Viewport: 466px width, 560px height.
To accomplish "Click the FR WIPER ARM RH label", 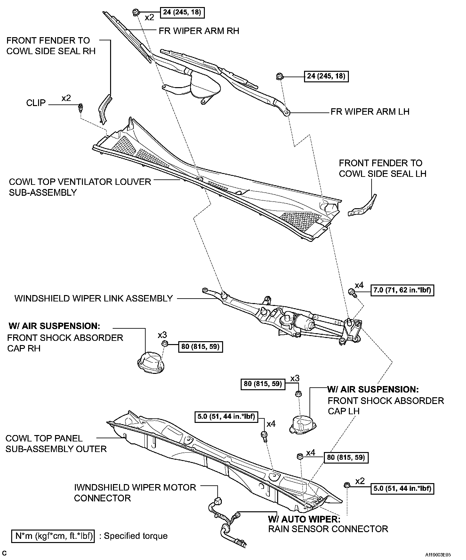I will click(199, 31).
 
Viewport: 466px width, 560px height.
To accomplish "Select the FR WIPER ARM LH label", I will click(370, 111).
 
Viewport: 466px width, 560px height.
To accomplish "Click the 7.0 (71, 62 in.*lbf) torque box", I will click(402, 290).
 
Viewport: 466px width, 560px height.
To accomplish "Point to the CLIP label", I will click(36, 103).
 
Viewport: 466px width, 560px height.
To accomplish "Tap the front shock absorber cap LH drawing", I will click(302, 424).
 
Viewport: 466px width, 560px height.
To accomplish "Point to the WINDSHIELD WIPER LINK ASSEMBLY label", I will click(93, 299).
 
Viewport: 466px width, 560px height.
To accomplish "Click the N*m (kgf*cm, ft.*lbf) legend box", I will click(53, 536).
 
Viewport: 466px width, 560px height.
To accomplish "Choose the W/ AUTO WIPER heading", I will click(304, 519).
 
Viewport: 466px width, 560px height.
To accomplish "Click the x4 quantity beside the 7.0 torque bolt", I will click(359, 285).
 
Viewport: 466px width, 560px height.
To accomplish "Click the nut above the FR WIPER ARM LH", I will click(279, 77).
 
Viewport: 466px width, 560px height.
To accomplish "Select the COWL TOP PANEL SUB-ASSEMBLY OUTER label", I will click(56, 443).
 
